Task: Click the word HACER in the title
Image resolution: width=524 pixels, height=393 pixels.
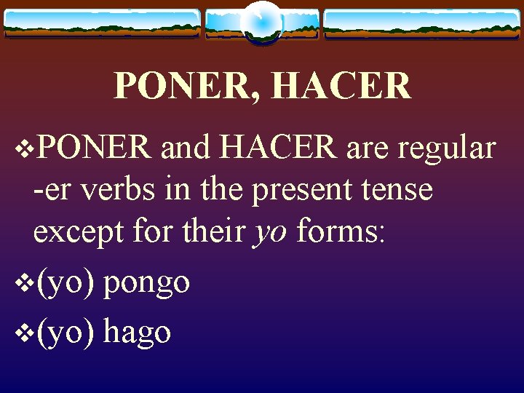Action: point(341,86)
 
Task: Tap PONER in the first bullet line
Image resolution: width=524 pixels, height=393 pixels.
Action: point(94,148)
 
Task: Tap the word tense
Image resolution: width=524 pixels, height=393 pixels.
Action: point(396,190)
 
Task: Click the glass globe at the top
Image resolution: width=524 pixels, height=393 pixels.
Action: point(261,22)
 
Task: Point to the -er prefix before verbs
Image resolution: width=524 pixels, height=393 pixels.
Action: point(53,191)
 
